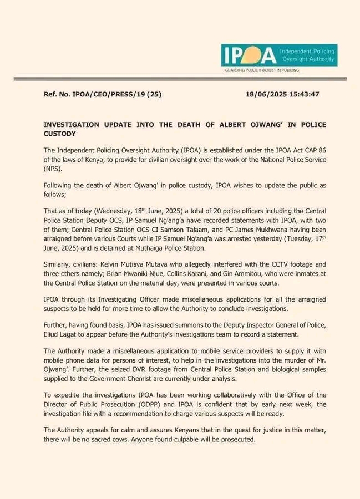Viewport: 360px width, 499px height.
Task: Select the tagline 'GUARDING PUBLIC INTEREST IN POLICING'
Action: click(261, 70)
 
